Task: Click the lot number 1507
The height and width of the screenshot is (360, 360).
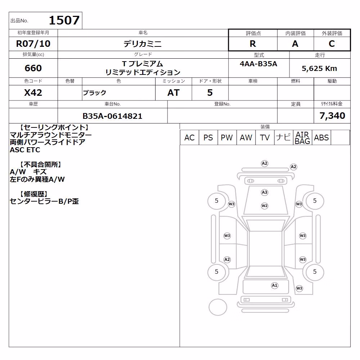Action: click(x=64, y=20)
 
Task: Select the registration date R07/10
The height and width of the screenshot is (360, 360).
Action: click(x=33, y=44)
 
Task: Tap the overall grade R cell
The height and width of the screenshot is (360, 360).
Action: click(x=253, y=44)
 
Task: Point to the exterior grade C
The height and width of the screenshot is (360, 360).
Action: click(x=332, y=44)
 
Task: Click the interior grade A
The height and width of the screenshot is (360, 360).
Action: click(x=295, y=44)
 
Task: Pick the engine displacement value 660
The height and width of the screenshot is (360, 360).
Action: click(x=33, y=68)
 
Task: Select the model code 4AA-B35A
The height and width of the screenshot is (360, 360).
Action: click(x=258, y=64)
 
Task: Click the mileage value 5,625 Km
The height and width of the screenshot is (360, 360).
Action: click(x=319, y=68)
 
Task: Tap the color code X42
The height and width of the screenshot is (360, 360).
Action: click(x=33, y=93)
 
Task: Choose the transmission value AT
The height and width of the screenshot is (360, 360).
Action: click(x=174, y=93)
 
